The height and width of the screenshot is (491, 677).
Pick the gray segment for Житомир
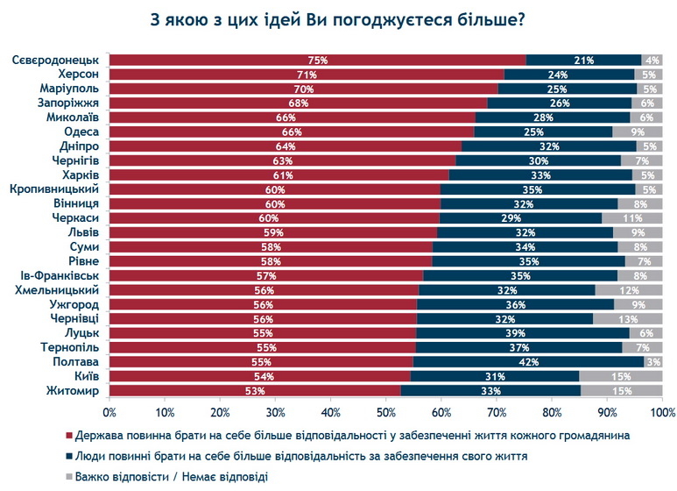tap(620, 390)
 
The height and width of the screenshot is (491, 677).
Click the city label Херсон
tap(77, 75)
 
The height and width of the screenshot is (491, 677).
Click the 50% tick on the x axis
tap(386, 411)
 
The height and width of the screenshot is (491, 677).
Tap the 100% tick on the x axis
tap(661, 411)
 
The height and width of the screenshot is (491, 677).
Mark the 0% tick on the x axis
tap(110, 411)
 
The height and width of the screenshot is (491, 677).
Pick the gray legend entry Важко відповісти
tap(167, 477)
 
